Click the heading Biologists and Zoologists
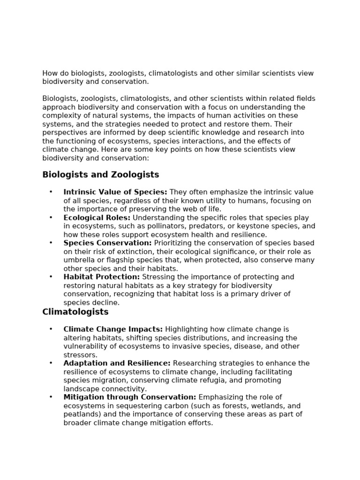point(100,175)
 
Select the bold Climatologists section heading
point(75,312)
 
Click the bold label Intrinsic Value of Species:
point(115,192)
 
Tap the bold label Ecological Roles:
point(97,217)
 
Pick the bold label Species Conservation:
point(107,243)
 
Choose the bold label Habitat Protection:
point(101,277)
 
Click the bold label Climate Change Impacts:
point(113,329)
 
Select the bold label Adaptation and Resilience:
point(117,363)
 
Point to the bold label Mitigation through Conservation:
point(130,397)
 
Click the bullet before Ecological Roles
point(51,217)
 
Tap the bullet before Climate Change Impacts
point(51,329)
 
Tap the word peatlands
point(81,414)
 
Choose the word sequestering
point(132,406)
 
